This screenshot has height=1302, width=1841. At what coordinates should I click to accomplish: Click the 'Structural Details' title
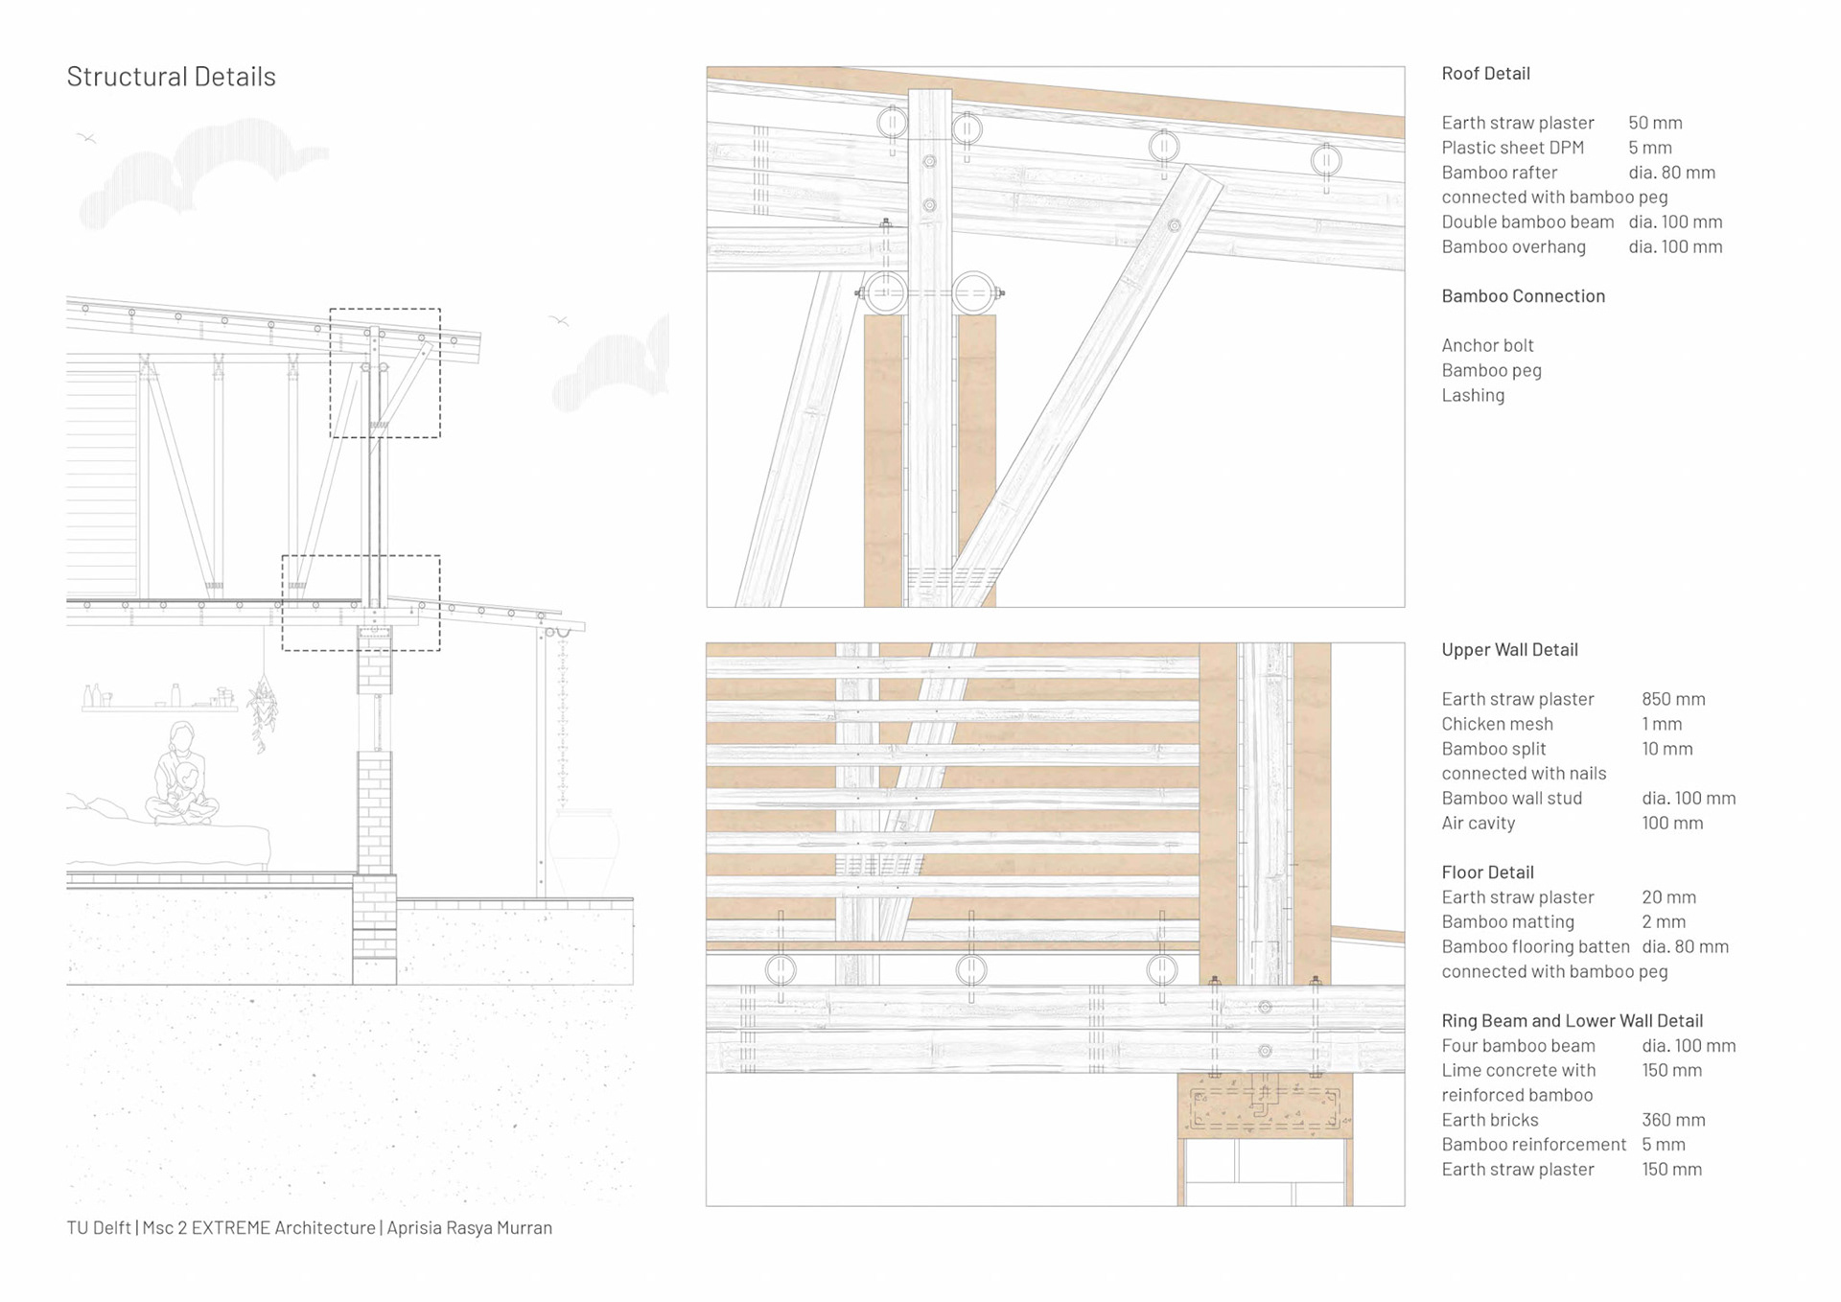[171, 77]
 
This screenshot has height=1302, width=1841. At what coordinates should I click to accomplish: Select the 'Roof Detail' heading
[1485, 74]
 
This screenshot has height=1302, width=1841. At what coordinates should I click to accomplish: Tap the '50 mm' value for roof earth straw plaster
[1655, 123]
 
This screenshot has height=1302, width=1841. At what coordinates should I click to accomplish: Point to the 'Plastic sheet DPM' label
[1512, 148]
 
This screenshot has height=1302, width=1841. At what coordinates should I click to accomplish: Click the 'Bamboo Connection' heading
[1523, 296]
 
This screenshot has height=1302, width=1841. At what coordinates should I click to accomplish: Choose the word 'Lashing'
[1473, 395]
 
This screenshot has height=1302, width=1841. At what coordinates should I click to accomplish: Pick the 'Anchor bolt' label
[1487, 345]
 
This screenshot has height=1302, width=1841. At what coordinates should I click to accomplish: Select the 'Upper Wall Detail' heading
[1509, 650]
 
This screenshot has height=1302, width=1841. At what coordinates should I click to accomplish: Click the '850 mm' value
[1673, 699]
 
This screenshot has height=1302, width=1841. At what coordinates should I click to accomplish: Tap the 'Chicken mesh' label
[1497, 724]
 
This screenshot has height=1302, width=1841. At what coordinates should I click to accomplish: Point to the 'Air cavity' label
[1478, 823]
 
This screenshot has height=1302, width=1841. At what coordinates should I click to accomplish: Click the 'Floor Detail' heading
[1487, 872]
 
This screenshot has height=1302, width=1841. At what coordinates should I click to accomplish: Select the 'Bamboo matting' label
[1507, 921]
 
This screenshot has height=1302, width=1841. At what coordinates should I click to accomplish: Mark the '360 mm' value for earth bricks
[1673, 1120]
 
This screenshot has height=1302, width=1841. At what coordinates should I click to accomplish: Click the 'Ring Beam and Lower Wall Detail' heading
[1572, 1021]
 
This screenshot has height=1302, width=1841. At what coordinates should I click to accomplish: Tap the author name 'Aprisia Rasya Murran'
[469, 1228]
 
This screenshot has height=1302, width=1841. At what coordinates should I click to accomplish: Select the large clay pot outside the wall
[583, 853]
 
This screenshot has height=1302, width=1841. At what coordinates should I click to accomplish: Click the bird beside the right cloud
[559, 320]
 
